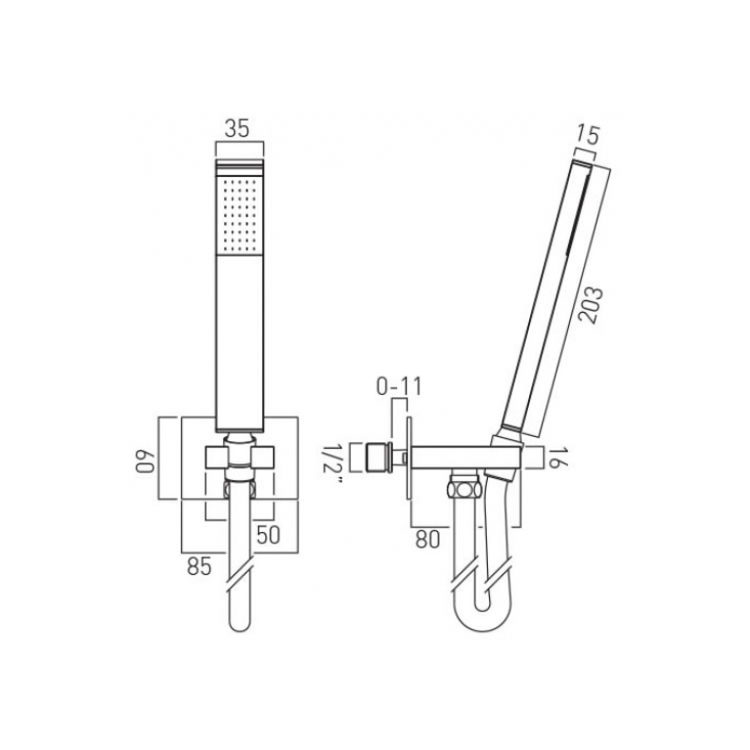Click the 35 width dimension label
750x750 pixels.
239,128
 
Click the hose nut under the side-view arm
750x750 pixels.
459,488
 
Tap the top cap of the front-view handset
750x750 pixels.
239,164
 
